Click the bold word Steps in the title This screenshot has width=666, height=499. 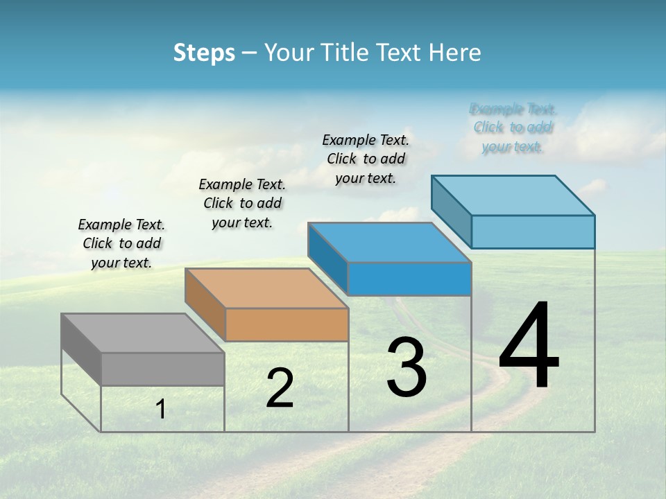(x=204, y=53)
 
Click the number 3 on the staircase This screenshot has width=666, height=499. (x=407, y=367)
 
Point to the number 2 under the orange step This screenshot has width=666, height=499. (x=280, y=388)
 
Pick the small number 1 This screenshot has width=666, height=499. (x=161, y=410)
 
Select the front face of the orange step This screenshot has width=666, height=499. (x=287, y=325)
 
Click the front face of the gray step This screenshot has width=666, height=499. (x=162, y=369)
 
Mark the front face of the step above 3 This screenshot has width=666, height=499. (x=409, y=279)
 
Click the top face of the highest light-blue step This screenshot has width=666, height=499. (x=513, y=195)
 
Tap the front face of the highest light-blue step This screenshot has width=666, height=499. (x=533, y=231)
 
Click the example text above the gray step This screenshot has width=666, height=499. (x=121, y=243)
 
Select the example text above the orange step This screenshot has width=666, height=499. (x=242, y=203)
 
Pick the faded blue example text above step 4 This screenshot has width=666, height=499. (x=513, y=128)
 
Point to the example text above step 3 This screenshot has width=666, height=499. (x=366, y=159)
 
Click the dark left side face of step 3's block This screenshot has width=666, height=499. (x=327, y=257)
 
